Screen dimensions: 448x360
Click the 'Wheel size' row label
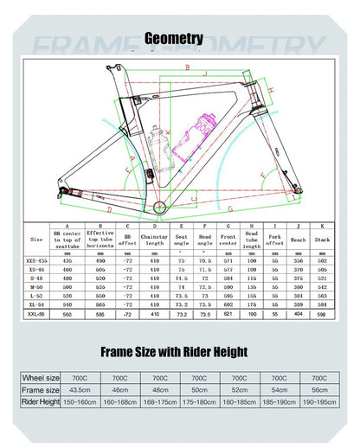[x=41, y=377]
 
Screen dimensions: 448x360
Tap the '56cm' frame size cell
[x=318, y=389]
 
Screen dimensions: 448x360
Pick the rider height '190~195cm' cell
[x=318, y=402]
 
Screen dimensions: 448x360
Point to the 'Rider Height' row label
[x=41, y=402]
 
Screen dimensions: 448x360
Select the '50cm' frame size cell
[x=199, y=389]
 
